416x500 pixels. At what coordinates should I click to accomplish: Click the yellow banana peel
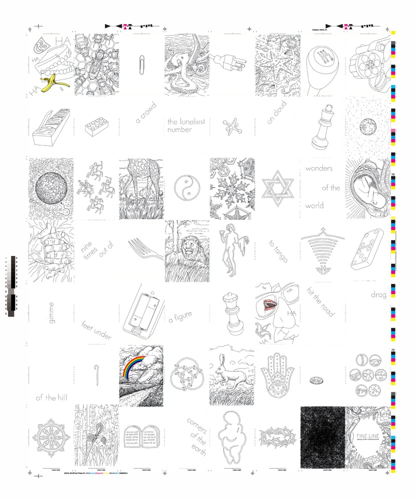[48, 83]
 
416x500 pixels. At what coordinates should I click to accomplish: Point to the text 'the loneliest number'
[185, 125]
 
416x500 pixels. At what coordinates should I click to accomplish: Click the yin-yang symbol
[186, 188]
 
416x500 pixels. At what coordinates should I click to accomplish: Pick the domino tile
[367, 249]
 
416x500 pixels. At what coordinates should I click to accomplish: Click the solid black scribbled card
[322, 437]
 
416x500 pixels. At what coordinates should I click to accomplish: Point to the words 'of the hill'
[51, 398]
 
